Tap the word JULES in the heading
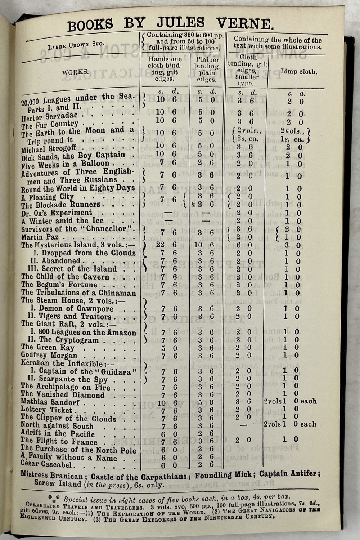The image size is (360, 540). (181, 23)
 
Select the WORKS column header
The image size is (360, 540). (75, 72)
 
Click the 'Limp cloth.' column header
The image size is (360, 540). (299, 71)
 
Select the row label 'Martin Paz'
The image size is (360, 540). (40, 237)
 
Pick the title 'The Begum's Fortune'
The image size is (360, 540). (59, 285)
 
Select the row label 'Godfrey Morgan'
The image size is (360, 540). (49, 356)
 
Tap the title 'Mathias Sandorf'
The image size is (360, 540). (50, 402)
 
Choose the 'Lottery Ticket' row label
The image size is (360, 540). (47, 410)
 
